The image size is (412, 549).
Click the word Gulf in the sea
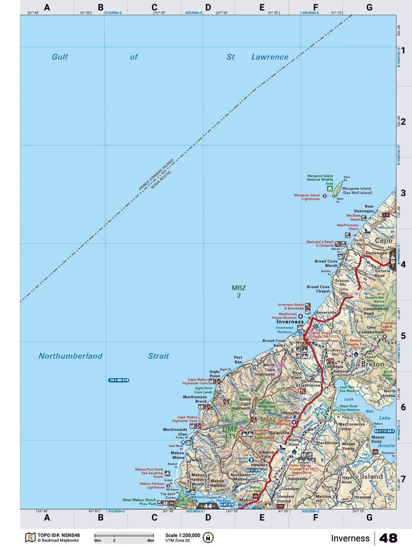[x=60, y=57]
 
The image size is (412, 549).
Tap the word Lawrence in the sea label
[x=270, y=57]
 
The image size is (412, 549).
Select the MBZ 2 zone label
[x=239, y=292]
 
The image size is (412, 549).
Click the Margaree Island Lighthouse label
[x=307, y=197]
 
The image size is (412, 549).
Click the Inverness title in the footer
[x=350, y=538]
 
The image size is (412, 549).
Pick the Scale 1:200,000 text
[x=183, y=534]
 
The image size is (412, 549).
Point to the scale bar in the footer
[x=124, y=535]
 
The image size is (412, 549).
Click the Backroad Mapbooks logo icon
[x=29, y=537]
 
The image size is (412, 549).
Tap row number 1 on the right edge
[x=402, y=50]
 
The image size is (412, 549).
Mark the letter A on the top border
[x=47, y=7]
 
